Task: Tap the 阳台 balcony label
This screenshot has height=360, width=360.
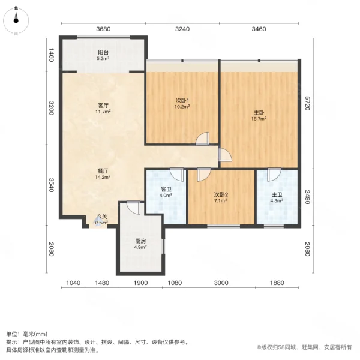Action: point(103,52)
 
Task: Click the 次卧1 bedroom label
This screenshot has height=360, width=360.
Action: point(182,100)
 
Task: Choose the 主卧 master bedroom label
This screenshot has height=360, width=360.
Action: point(259,112)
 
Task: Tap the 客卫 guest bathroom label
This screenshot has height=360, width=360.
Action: point(166,190)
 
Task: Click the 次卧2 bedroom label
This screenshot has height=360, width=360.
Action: point(221,194)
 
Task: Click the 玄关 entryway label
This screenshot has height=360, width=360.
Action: point(102,217)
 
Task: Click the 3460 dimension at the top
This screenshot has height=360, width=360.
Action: point(259,28)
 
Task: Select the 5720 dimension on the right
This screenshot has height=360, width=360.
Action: point(307,104)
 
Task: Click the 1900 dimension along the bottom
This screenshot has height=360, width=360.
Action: point(140,283)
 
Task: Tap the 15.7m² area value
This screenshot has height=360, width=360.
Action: point(259,118)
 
